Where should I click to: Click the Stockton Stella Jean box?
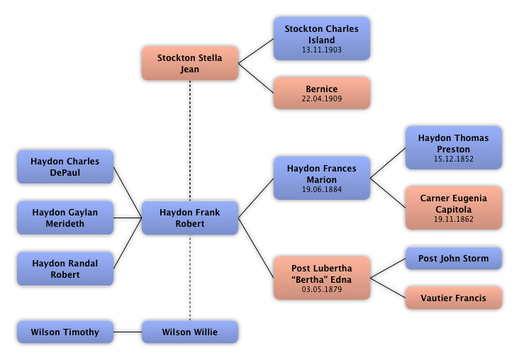click(189, 64)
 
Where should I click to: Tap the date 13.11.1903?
click(321, 50)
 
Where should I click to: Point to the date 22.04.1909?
click(321, 99)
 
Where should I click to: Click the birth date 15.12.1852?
click(453, 159)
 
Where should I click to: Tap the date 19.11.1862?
click(453, 220)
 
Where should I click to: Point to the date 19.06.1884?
click(321, 190)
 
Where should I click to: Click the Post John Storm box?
click(453, 259)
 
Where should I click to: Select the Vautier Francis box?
click(453, 298)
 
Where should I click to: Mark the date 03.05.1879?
click(321, 290)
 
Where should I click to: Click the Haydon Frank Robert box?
click(189, 218)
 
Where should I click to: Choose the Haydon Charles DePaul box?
click(65, 167)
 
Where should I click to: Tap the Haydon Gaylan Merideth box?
click(65, 218)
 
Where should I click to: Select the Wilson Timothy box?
click(65, 332)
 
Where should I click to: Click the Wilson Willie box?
click(189, 332)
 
